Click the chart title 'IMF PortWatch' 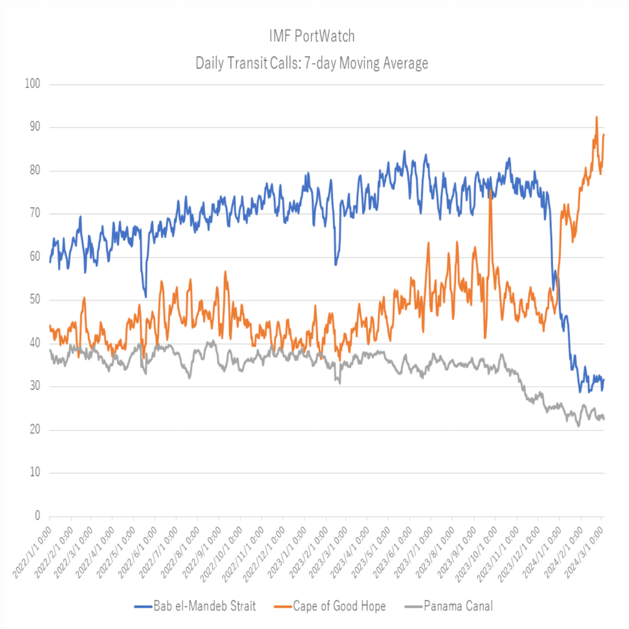tap(311, 36)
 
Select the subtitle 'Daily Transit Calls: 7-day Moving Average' tap(311, 63)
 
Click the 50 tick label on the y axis tap(33, 301)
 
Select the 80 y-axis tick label tap(33, 171)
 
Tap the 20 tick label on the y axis tap(33, 430)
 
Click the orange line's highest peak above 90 tap(597, 117)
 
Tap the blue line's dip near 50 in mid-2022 tap(145, 296)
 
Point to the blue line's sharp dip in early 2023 tap(335, 265)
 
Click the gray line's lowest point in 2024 tap(579, 426)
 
